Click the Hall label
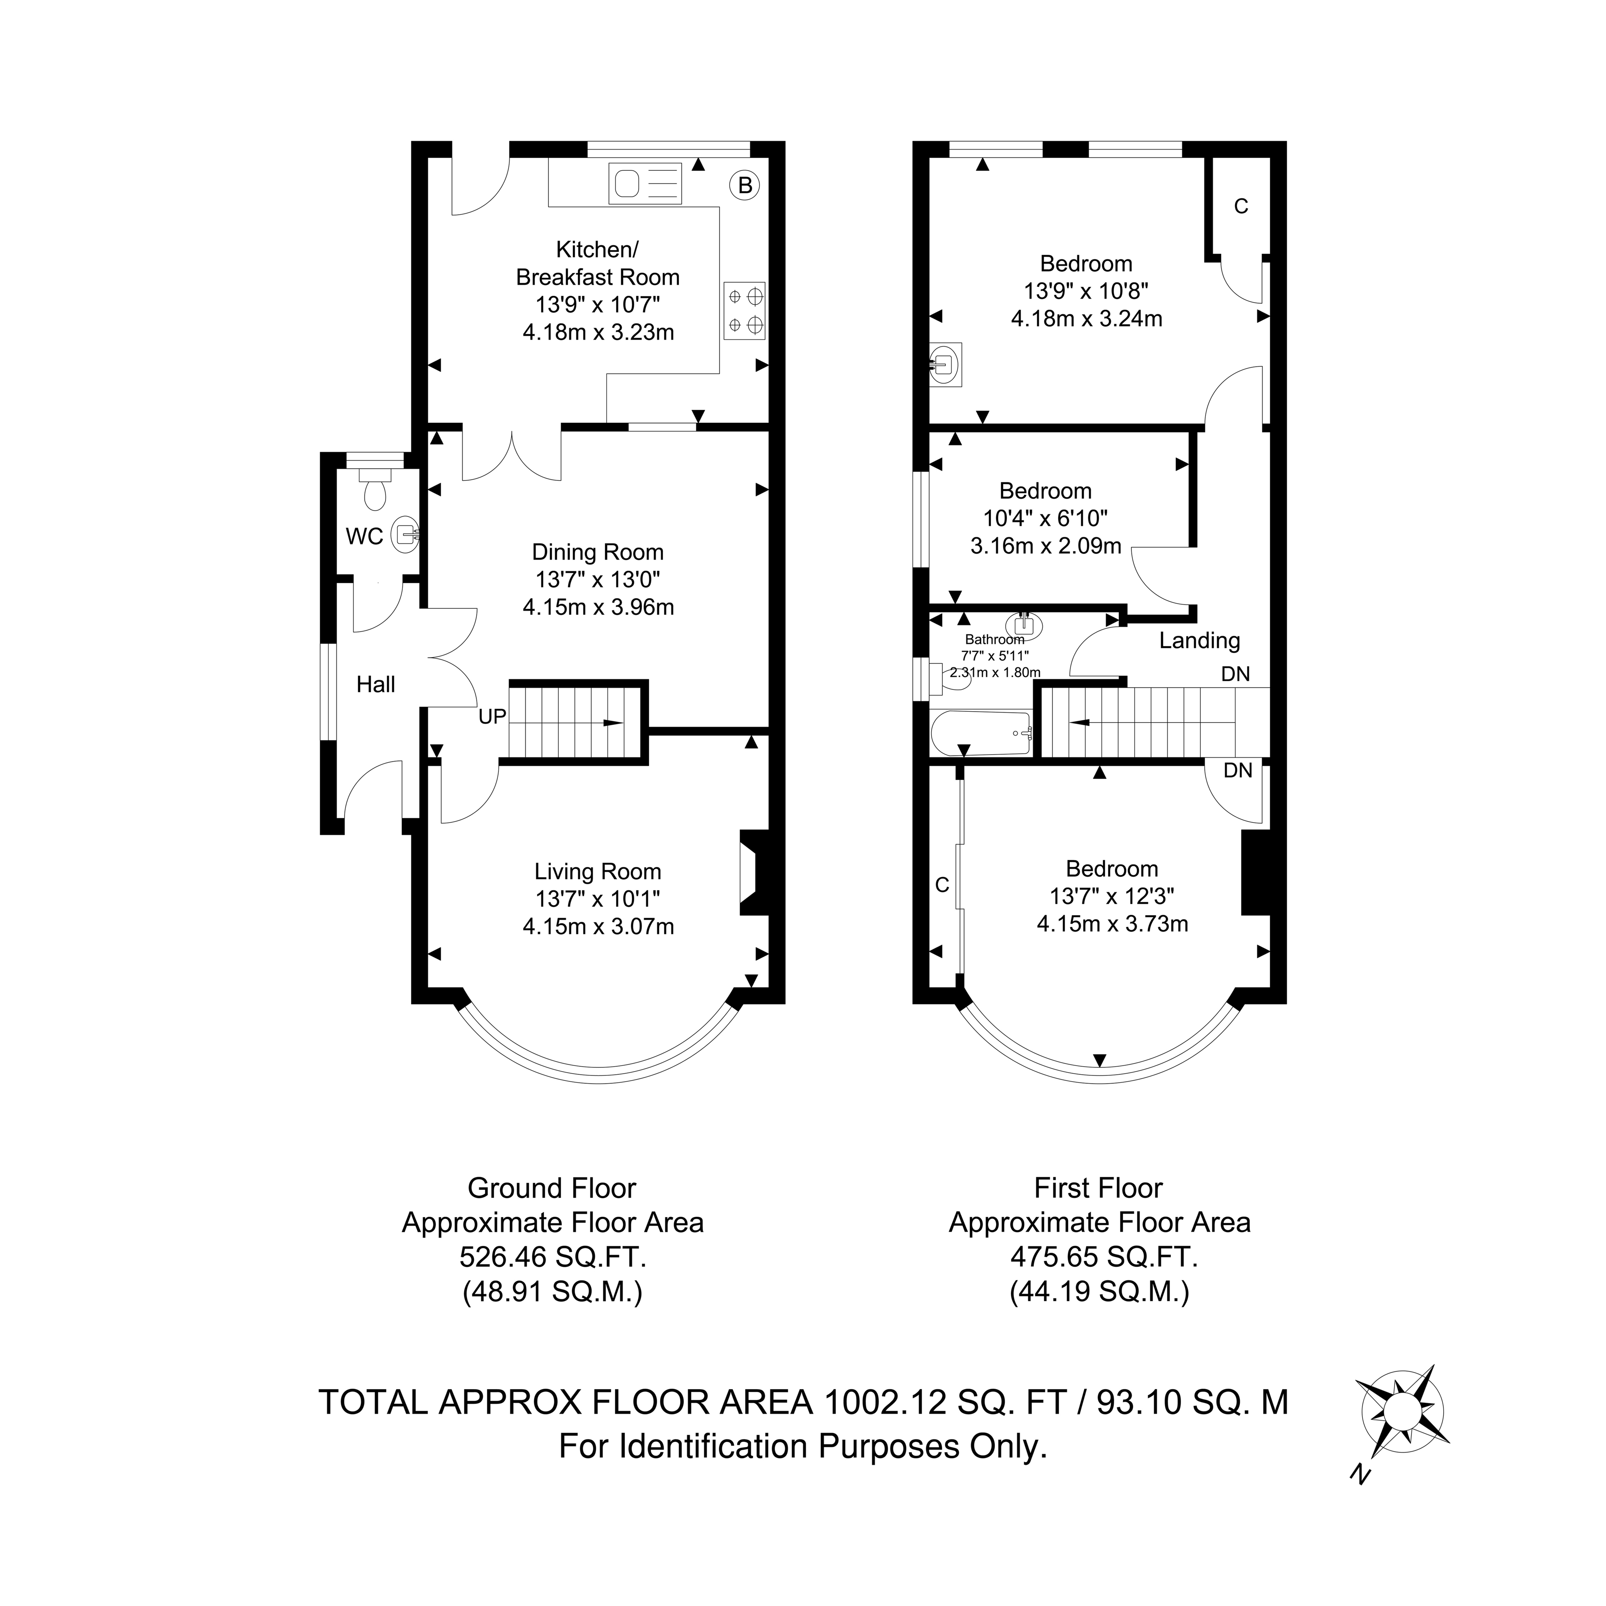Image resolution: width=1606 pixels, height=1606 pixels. [x=376, y=684]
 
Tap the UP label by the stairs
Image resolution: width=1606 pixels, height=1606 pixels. [x=492, y=717]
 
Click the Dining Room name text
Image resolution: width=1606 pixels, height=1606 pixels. [x=598, y=552]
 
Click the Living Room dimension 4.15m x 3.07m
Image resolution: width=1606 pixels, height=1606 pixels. [x=598, y=926]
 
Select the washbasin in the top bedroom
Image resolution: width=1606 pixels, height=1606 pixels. [x=946, y=365]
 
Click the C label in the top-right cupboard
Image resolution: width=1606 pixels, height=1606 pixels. [x=1241, y=206]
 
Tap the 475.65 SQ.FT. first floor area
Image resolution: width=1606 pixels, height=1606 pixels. [x=1104, y=1257]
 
